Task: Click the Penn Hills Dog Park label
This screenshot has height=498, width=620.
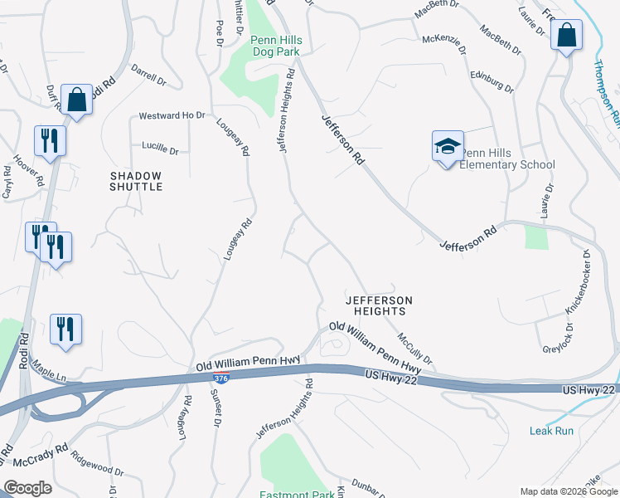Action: point(276,46)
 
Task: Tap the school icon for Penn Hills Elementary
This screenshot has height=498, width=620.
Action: point(448,147)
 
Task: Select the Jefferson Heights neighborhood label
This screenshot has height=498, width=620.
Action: point(378,305)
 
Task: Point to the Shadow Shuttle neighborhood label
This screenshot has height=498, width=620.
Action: point(136,181)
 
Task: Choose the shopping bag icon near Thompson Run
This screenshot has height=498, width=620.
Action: point(566,36)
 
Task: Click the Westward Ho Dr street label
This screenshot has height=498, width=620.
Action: point(172,115)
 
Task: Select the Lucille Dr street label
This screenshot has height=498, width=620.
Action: point(160,150)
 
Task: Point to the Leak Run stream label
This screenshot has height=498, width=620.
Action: point(552,431)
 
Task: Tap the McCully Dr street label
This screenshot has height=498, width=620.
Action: point(414,348)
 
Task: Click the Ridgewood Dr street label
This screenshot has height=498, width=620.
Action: point(97,464)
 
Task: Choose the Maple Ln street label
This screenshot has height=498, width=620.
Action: point(50,375)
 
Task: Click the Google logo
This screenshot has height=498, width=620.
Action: point(27,487)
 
